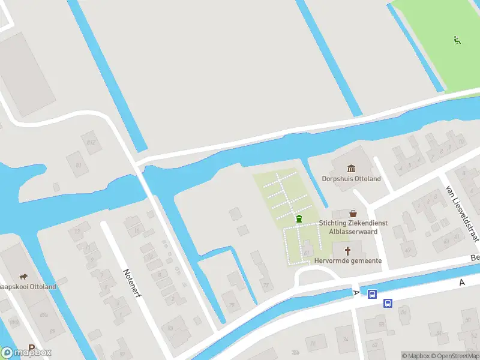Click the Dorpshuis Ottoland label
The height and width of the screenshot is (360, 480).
pyautogui.click(x=351, y=179)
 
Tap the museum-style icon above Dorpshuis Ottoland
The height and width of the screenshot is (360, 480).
pyautogui.click(x=351, y=168)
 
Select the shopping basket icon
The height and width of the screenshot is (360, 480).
pyautogui.click(x=353, y=213)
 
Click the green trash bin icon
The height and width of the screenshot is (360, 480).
pyautogui.click(x=299, y=219)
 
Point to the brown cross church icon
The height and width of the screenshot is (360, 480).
pyautogui.click(x=347, y=250)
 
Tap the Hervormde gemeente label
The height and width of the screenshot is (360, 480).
pyautogui.click(x=348, y=261)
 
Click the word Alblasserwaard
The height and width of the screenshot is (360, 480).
pyautogui.click(x=353, y=231)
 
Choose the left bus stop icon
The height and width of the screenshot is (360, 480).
pyautogui.click(x=372, y=294)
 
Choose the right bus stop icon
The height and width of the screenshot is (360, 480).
pyautogui.click(x=388, y=303)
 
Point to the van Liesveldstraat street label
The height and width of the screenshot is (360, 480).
pyautogui.click(x=461, y=214)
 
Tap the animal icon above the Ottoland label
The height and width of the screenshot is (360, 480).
pyautogui.click(x=23, y=277)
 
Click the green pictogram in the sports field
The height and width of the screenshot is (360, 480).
pyautogui.click(x=457, y=41)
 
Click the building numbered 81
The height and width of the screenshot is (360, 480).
pyautogui.click(x=78, y=165)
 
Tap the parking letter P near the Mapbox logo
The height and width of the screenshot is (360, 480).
pyautogui.click(x=31, y=347)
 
